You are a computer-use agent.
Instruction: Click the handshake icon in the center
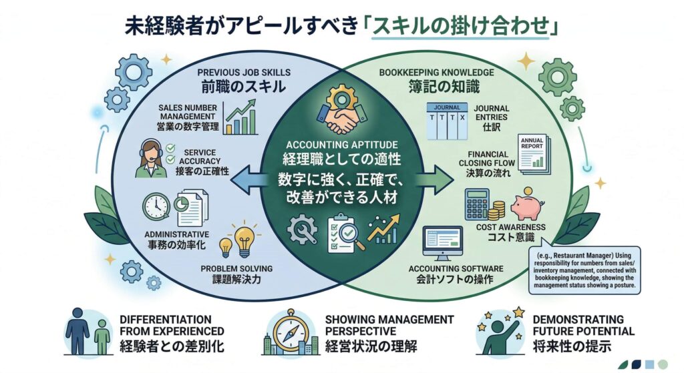[342, 114]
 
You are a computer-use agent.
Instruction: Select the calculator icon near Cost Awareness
[477, 203]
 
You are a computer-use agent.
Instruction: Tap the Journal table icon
[446, 120]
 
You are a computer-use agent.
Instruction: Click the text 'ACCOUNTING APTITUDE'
[341, 145]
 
